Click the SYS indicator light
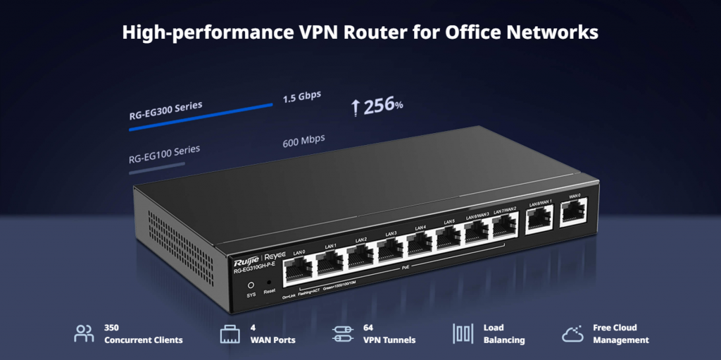tap(251, 285)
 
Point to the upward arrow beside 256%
tap(356, 108)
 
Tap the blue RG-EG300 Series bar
tap(201, 118)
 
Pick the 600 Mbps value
tap(303, 139)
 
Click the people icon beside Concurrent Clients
tap(84, 333)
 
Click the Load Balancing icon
tap(462, 333)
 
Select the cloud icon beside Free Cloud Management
tap(572, 333)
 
